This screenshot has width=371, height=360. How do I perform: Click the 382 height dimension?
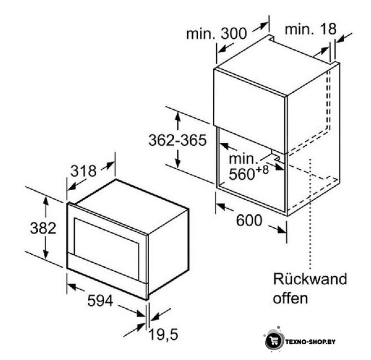pos(43,228)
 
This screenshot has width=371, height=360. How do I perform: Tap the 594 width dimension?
pos(100,301)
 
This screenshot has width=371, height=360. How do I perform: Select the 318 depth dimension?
pos(83,171)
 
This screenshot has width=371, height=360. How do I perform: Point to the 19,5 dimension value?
pos(163,335)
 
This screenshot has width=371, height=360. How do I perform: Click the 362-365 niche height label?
pos(177,140)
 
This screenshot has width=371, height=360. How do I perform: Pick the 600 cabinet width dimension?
pos(249,220)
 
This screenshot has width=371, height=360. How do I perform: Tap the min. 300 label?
pos(217,34)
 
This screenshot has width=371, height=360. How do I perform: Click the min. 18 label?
pos(310,29)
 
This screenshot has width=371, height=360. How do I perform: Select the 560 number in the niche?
pos(242,174)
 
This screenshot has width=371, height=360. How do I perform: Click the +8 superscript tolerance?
pos(262,169)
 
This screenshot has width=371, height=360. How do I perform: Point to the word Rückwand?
pos(310,279)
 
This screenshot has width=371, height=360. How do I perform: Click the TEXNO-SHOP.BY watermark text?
pos(310,342)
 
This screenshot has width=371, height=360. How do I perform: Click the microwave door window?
pos(106,246)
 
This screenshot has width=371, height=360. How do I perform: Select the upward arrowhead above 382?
pos(46,201)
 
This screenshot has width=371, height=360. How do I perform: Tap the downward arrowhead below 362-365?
pos(178,163)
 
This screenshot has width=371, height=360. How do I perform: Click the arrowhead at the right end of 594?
pos(141,314)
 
